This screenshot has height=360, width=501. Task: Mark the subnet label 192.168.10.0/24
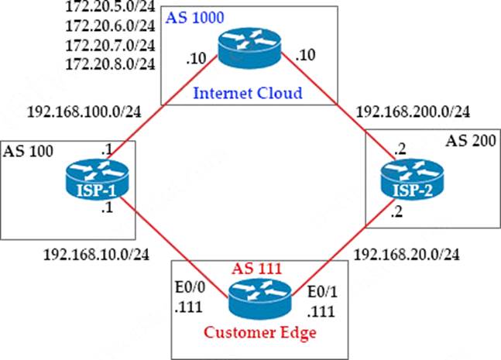coord(85,253)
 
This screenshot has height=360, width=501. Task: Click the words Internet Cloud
coord(249,94)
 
